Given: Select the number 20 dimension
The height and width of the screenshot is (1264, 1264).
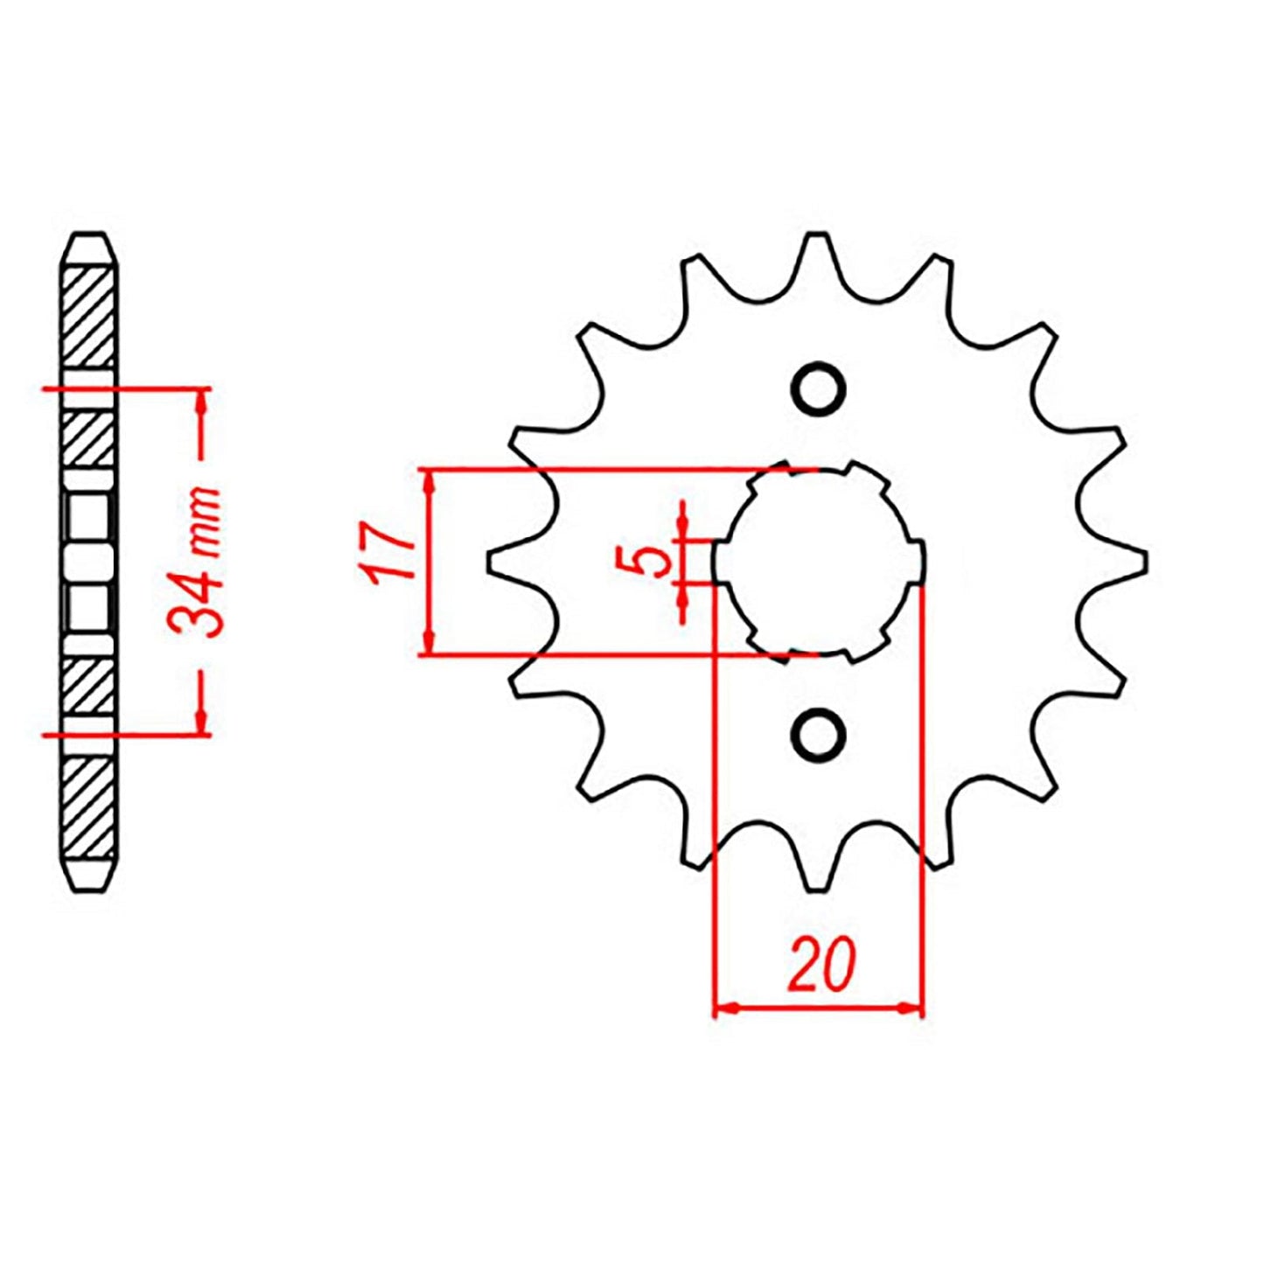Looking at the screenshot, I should point(820,965).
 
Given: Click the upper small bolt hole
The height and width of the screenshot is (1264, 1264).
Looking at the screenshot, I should point(818,388).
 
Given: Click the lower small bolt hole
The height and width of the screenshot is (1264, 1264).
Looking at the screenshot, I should point(818,733).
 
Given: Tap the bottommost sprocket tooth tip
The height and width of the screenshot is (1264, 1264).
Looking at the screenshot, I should point(817,888).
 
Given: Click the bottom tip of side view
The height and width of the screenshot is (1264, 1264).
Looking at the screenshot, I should point(91,890).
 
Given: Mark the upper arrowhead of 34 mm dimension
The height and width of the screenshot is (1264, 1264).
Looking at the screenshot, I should point(201,399).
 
